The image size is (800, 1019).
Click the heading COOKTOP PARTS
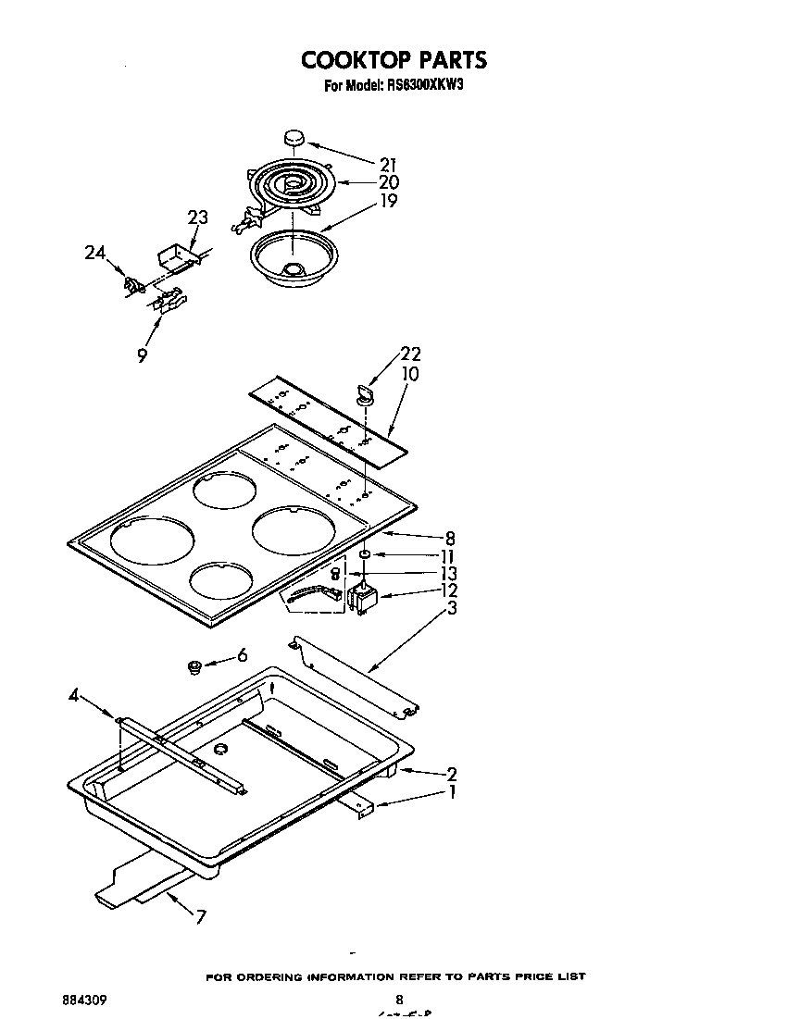point(394,60)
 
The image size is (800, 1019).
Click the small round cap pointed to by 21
point(294,139)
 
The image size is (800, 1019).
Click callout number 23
point(197,217)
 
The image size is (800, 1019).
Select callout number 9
point(142,354)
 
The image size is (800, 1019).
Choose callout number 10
point(409,374)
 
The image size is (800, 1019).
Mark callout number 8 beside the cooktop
point(450,538)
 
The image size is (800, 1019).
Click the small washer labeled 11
point(366,554)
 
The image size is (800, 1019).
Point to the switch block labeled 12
point(363,598)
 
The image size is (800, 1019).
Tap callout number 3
point(451,608)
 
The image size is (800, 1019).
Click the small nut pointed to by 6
point(195,665)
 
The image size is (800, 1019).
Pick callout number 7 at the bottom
point(201,917)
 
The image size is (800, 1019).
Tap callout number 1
point(451,793)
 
